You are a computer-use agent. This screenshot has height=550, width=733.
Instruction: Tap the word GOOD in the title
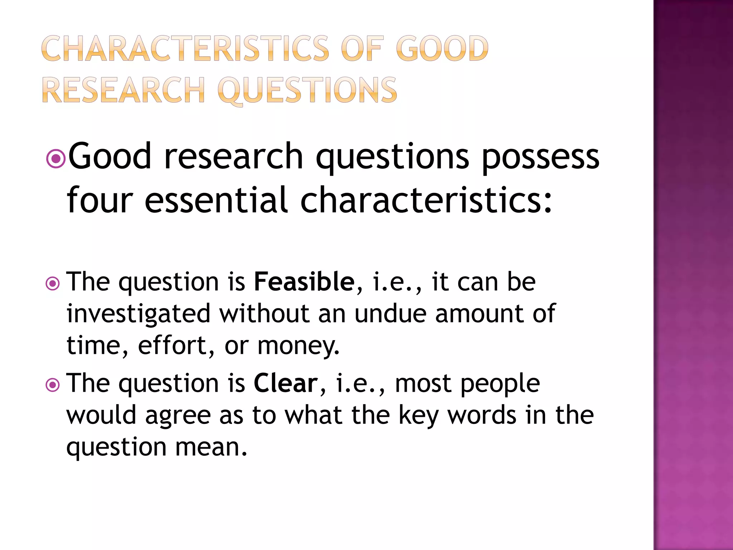442,49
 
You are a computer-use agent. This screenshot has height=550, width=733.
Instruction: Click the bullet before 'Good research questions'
56,158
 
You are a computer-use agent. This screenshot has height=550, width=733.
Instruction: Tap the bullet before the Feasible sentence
53,284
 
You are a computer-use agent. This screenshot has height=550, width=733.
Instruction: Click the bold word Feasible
304,282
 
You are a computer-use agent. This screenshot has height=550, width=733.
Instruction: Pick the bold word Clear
286,383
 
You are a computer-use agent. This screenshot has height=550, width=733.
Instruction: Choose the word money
297,346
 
